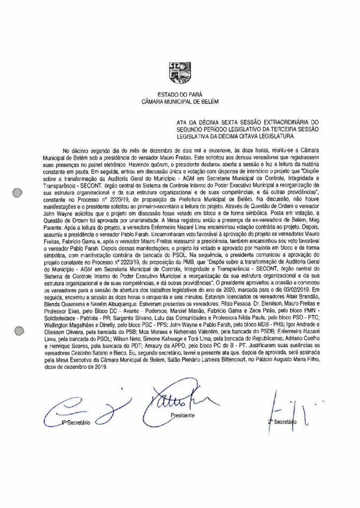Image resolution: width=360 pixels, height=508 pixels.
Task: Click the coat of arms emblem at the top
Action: pos(179,71)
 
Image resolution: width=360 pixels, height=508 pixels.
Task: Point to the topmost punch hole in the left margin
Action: pos(17,192)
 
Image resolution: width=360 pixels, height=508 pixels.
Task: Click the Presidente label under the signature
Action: pos(182,415)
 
